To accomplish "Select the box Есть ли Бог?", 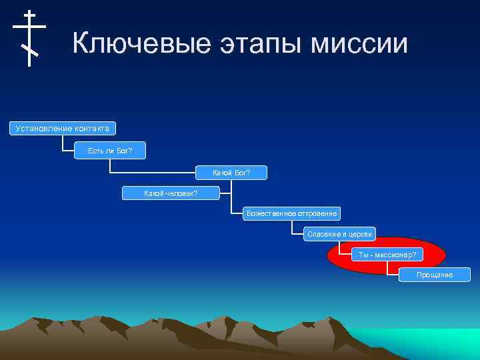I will [x=110, y=151].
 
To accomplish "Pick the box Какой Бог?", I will [x=231, y=173].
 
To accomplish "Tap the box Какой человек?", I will [x=171, y=193].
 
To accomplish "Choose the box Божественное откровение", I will [x=291, y=213].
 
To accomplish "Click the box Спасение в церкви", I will [x=340, y=234].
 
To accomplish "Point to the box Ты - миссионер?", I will [x=387, y=255].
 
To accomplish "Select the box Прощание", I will [x=434, y=275].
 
